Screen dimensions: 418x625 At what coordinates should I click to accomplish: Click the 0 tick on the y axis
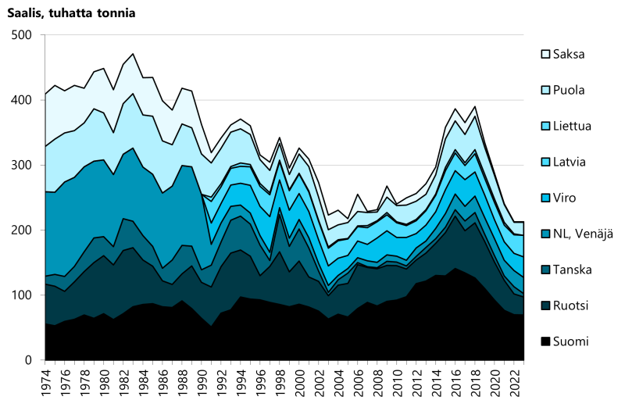[29, 360]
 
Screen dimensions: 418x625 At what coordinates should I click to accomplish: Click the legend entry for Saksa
[568, 54]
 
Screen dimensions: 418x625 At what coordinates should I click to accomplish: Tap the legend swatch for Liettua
[545, 126]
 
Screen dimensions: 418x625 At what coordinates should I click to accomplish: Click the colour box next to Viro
[545, 198]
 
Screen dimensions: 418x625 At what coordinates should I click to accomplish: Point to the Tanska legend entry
[572, 270]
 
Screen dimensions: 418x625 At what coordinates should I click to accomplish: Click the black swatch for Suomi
[545, 341]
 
